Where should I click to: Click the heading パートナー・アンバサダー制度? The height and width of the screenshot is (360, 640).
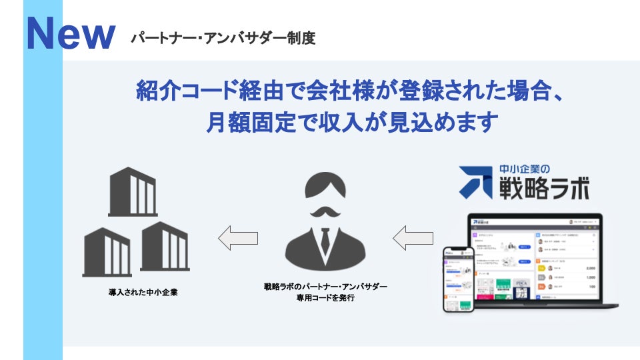click(x=223, y=38)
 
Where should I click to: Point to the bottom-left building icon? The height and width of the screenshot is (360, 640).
click(x=107, y=251)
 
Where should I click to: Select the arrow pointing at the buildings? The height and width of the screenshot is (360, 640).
click(x=238, y=238)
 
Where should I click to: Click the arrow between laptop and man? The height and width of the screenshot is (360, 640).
click(x=413, y=238)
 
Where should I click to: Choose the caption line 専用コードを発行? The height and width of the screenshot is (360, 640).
click(x=325, y=298)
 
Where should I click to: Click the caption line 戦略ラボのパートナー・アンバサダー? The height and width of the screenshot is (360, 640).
click(x=325, y=286)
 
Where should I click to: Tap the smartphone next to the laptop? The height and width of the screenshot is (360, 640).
click(x=459, y=279)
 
